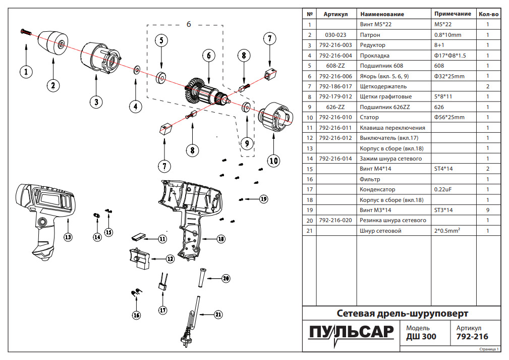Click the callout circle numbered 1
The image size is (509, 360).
[26, 72]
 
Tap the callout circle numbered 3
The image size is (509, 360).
[95, 102]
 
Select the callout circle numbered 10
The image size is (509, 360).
[273, 161]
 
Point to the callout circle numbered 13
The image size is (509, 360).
[68, 236]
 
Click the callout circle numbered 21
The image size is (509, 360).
[218, 314]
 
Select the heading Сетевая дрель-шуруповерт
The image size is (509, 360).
[402, 314]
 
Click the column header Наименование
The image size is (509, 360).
[381, 14]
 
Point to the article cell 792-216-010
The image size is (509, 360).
[335, 118]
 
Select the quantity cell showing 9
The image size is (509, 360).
[488, 210]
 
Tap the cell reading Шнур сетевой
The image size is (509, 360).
[380, 231]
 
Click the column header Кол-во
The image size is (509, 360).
[488, 14]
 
